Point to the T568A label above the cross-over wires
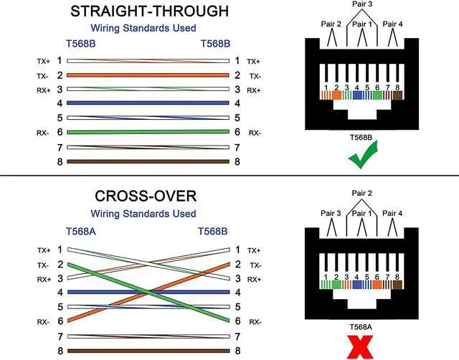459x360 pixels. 79,232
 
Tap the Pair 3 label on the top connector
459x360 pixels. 361,4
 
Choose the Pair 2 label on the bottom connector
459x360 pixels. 361,194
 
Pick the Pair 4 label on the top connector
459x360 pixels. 394,24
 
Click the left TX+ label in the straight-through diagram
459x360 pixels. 44,62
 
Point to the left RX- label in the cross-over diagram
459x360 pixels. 44,321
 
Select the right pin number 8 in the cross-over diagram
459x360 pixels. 237,351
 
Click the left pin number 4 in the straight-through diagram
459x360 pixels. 60,104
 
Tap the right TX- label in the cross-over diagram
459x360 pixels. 255,265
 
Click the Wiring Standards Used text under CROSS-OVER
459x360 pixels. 143,214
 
